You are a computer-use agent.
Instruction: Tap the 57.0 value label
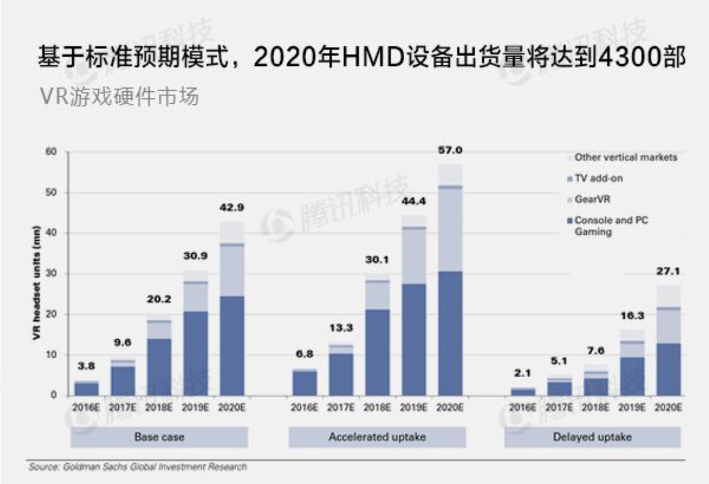point(449,150)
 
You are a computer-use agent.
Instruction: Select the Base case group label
point(159,436)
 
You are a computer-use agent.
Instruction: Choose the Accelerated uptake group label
point(377,436)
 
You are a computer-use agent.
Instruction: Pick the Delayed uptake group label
point(592,436)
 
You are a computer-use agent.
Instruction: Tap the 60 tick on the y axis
point(52,152)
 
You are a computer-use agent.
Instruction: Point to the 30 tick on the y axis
point(52,274)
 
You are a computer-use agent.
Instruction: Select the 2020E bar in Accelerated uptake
point(449,280)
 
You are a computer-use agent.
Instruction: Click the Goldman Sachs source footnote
point(138,467)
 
